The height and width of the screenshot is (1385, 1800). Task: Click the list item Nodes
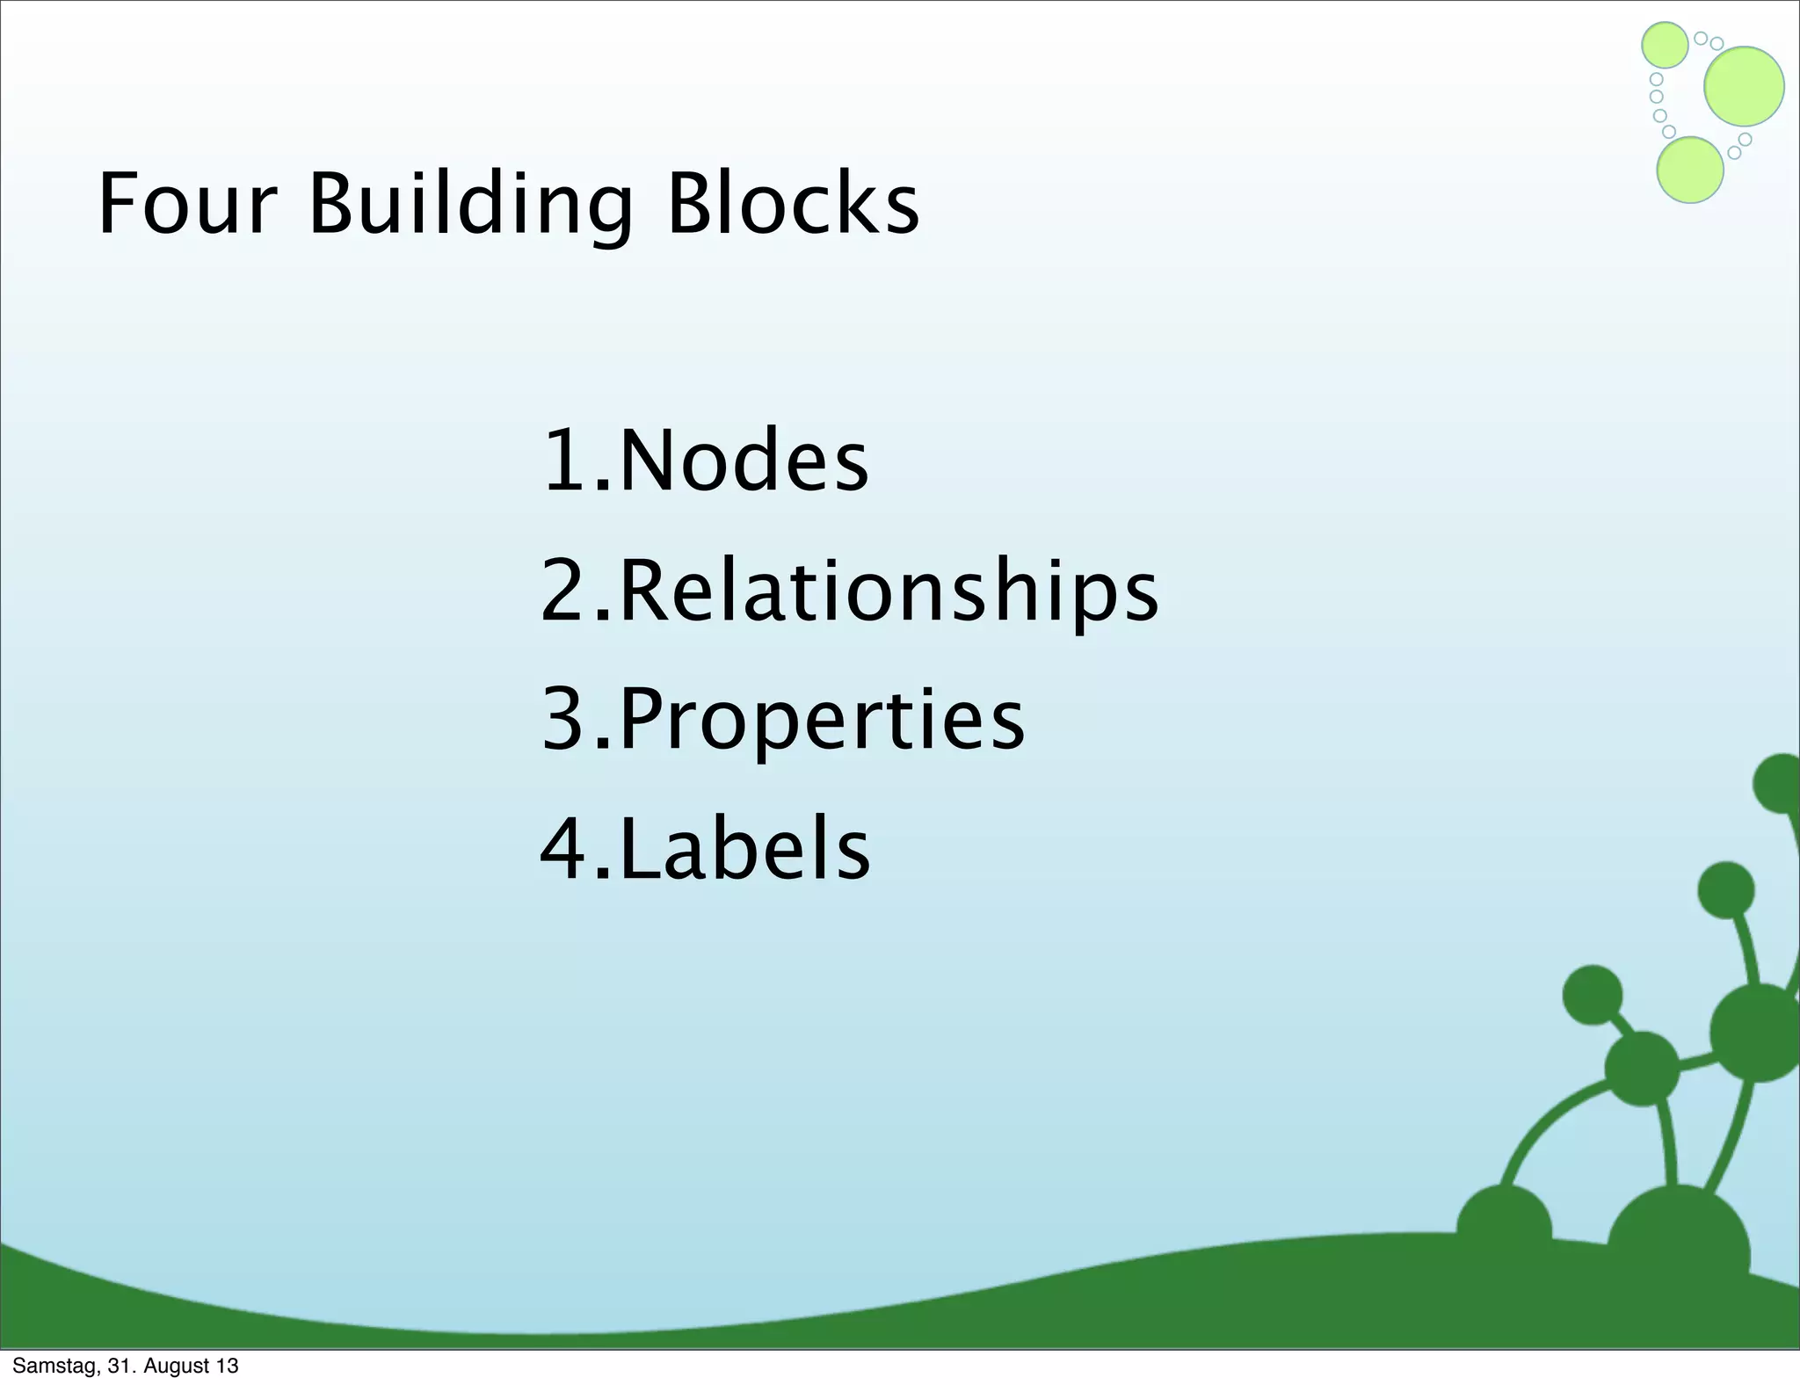tap(744, 460)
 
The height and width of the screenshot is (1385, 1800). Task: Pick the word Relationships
tap(889, 591)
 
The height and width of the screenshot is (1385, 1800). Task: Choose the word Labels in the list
tap(744, 849)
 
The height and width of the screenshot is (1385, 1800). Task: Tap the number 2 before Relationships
tap(564, 591)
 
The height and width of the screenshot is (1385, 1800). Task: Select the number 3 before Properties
tap(564, 720)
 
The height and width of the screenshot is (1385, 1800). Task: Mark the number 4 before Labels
tap(564, 849)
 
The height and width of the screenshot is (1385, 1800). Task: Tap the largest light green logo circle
tap(1744, 86)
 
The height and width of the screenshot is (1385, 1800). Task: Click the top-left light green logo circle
tap(1665, 45)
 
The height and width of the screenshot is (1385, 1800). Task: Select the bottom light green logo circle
tap(1689, 170)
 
